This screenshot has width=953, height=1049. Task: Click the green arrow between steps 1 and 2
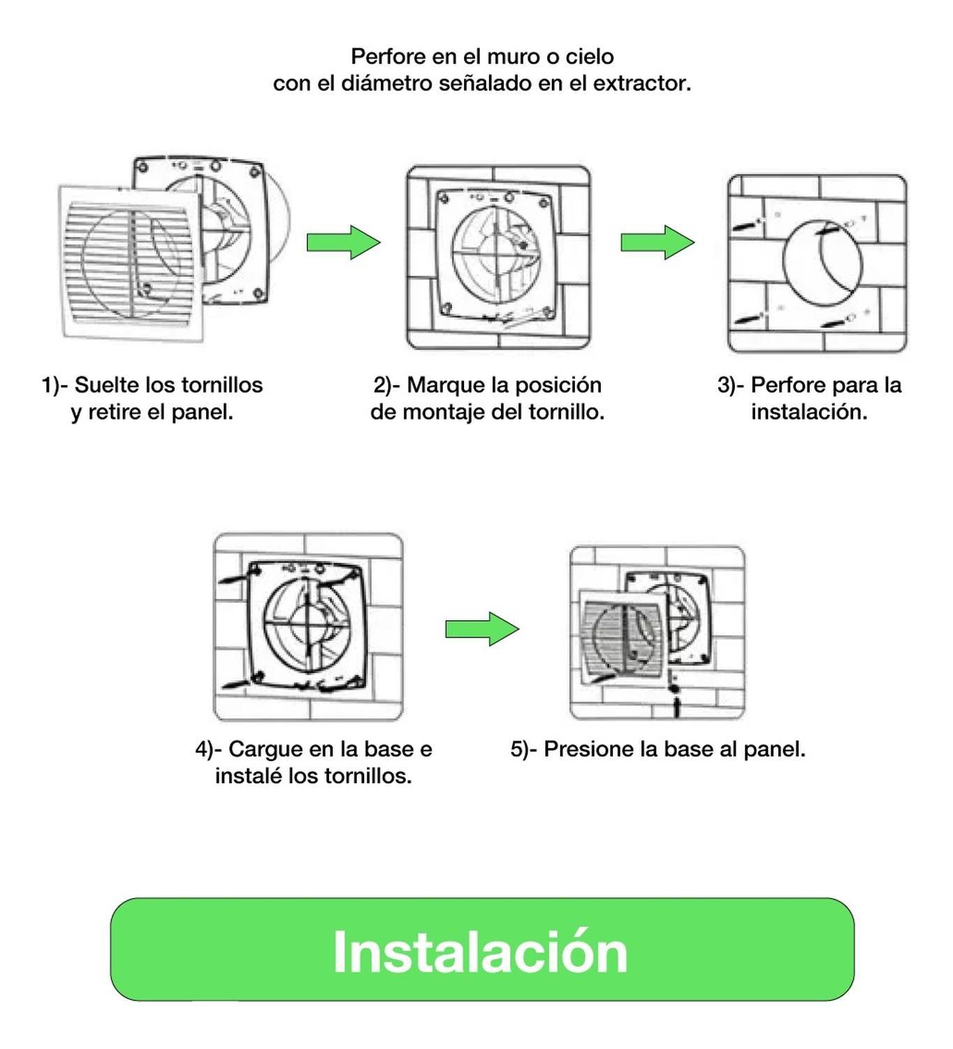[343, 243]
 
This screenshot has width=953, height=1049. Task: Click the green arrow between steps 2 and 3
[657, 243]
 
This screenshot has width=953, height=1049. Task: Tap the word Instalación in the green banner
[480, 952]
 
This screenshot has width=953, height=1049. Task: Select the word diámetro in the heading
[387, 83]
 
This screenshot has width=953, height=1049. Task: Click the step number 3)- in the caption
[731, 385]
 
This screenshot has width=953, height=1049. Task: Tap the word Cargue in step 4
[265, 749]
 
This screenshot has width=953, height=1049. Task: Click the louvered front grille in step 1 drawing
[129, 262]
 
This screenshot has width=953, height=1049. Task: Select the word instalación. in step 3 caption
[809, 412]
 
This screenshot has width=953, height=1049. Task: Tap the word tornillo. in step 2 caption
[566, 412]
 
